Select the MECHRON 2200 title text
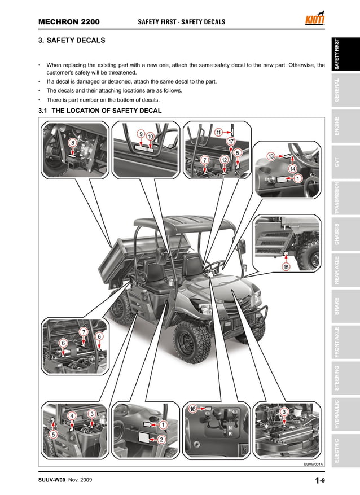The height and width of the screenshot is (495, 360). pos(69,22)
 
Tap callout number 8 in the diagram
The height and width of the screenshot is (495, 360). pos(72,143)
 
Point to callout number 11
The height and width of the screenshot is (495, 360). pos(218,133)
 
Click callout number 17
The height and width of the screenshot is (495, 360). pos(231,141)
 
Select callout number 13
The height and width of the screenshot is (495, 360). pos(271,156)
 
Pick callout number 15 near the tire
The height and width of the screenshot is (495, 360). pos(286,267)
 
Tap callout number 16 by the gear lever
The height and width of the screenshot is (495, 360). pos(192,409)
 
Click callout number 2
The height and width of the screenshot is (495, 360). pos(161,439)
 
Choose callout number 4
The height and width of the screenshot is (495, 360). pos(72,416)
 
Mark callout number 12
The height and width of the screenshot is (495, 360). pos(224,160)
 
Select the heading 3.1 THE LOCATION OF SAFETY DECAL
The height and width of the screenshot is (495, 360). pos(99,111)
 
